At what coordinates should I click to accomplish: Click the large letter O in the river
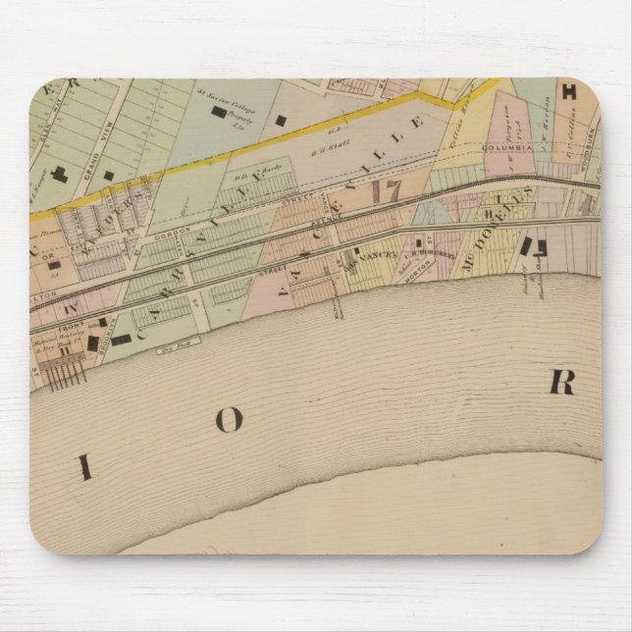pos(228,420)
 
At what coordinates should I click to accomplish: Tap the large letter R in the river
pos(561,382)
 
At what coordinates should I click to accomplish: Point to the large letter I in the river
pos(85,468)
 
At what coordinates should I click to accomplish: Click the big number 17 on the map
pos(384,189)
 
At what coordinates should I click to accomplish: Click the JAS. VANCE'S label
pos(373,257)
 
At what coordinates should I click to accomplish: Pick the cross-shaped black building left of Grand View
pos(61,175)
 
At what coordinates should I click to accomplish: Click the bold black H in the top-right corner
pos(568,93)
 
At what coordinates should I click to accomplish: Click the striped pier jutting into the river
pos(64,374)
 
